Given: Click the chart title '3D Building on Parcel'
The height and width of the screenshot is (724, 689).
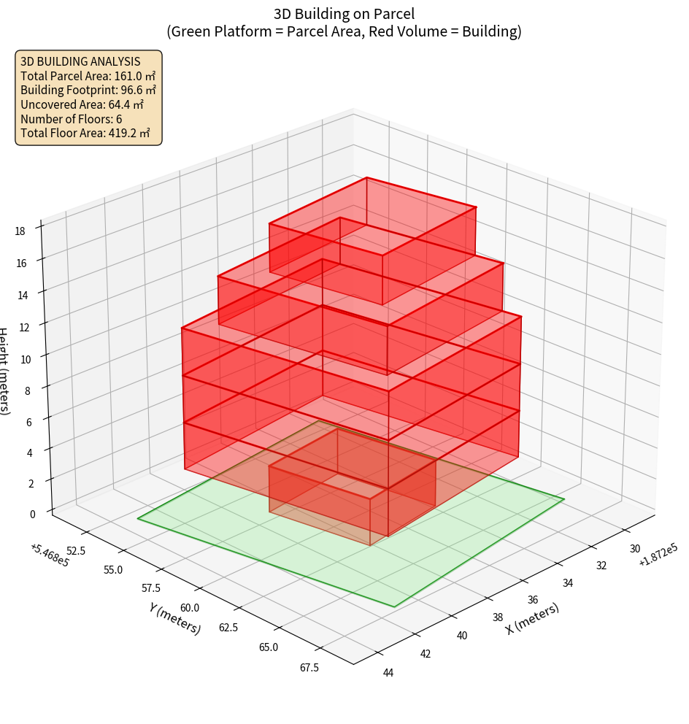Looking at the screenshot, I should [344, 13].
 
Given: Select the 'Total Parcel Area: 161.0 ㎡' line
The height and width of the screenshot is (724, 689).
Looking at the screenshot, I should [88, 76].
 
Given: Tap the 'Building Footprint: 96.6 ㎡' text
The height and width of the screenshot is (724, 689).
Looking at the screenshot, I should [88, 90].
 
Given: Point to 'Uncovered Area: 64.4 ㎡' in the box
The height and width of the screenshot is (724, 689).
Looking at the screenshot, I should [82, 104].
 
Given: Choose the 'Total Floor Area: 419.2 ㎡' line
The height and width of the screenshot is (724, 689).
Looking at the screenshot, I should [85, 133].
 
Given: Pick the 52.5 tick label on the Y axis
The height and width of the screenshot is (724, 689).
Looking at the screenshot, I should [75, 550].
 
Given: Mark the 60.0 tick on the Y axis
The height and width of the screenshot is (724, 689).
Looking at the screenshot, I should [190, 608].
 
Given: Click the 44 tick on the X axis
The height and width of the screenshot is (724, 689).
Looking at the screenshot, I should [388, 672].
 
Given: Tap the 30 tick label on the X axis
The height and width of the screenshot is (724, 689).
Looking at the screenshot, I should [635, 549].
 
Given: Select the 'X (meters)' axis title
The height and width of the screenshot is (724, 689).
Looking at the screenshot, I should [533, 618].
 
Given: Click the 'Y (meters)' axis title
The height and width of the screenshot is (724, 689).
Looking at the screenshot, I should [174, 617].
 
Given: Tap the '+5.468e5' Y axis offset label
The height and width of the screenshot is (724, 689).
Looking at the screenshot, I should [50, 555].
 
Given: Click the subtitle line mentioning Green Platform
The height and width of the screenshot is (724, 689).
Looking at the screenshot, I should [344, 31].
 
